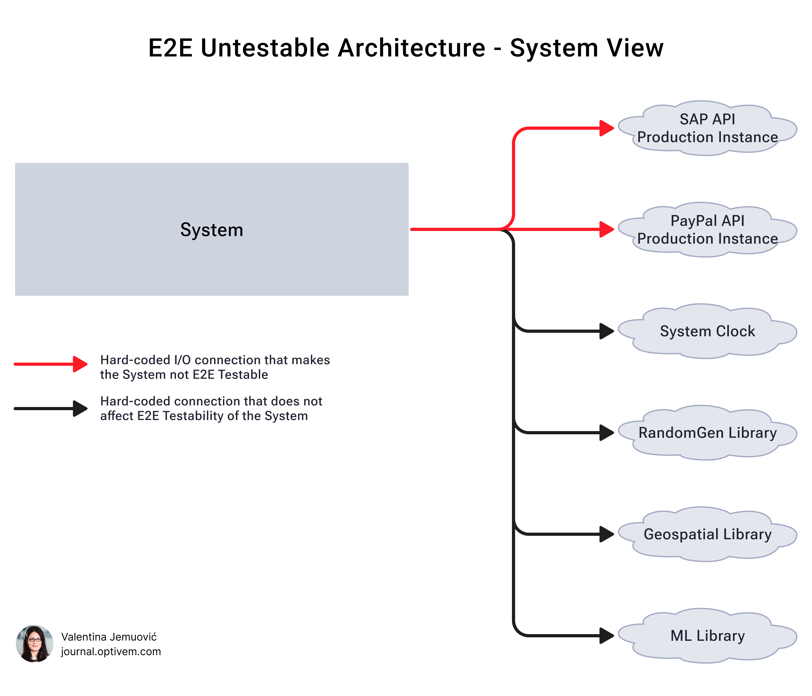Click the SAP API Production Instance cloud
(707, 128)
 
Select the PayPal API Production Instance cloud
(707, 230)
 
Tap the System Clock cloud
(707, 331)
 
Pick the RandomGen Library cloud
(707, 433)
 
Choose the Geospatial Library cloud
(707, 534)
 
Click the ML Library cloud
(707, 636)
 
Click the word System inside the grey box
(212, 230)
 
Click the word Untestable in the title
(265, 48)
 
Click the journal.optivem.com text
(111, 651)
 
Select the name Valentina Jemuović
(109, 637)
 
